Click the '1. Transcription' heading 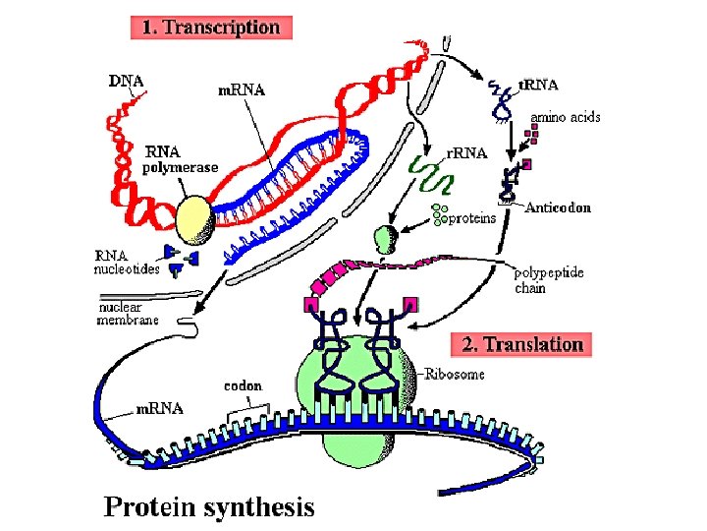click(211, 28)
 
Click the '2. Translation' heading click(522, 344)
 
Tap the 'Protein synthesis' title click(210, 506)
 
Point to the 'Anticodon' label click(558, 208)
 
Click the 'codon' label click(243, 385)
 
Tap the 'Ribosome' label click(456, 375)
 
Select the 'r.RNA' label click(466, 153)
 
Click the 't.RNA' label click(538, 86)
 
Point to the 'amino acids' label click(566, 117)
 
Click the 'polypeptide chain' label click(546, 280)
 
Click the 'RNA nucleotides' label click(126, 262)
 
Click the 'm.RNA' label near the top click(241, 90)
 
